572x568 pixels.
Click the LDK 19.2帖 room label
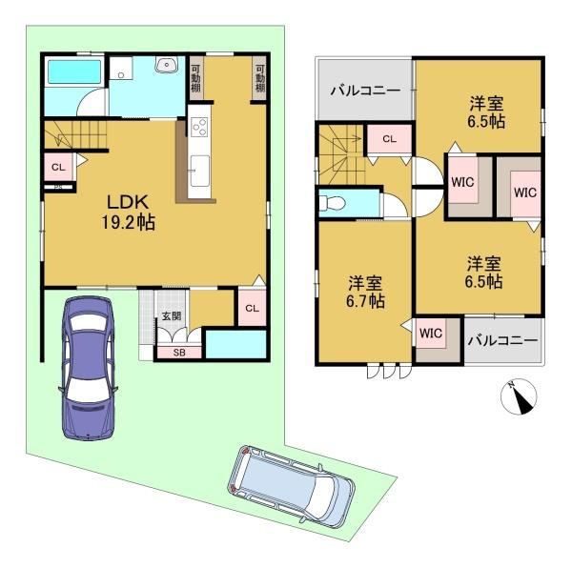(x=128, y=213)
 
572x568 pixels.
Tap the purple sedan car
(x=88, y=368)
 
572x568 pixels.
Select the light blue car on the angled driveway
(x=292, y=486)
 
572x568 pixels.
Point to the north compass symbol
(x=519, y=396)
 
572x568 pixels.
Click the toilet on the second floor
(x=332, y=203)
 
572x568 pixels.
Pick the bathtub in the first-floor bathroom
(x=74, y=71)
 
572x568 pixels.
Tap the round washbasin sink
(x=167, y=65)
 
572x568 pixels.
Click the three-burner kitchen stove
(x=199, y=127)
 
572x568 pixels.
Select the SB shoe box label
(x=179, y=353)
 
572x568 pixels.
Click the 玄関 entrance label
(x=172, y=315)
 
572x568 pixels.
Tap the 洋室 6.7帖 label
(x=365, y=292)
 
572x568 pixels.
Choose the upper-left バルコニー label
(x=365, y=90)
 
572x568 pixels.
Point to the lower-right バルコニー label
(x=502, y=340)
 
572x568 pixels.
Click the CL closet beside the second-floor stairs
(x=390, y=139)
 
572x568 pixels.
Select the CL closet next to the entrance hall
(x=252, y=308)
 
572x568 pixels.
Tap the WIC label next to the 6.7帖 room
(x=431, y=333)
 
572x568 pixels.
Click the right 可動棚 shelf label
(x=259, y=78)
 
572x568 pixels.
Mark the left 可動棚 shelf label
(x=195, y=78)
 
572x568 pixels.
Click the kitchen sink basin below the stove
(x=200, y=171)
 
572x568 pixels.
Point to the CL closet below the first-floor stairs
(x=58, y=168)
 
